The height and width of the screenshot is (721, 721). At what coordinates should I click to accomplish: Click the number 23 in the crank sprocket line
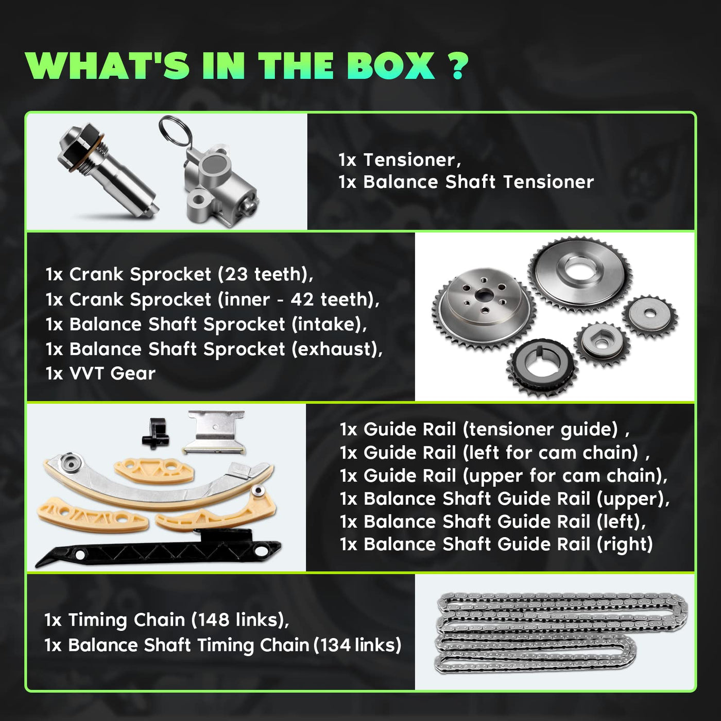click(236, 274)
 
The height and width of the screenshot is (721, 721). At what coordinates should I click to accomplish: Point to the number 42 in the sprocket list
click(302, 299)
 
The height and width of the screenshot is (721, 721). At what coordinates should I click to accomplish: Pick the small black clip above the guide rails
click(154, 433)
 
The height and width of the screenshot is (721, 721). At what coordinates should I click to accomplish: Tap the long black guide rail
click(157, 550)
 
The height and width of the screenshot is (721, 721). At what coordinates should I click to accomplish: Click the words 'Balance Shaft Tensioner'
click(478, 182)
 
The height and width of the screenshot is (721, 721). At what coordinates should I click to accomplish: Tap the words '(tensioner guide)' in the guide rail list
click(540, 430)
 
